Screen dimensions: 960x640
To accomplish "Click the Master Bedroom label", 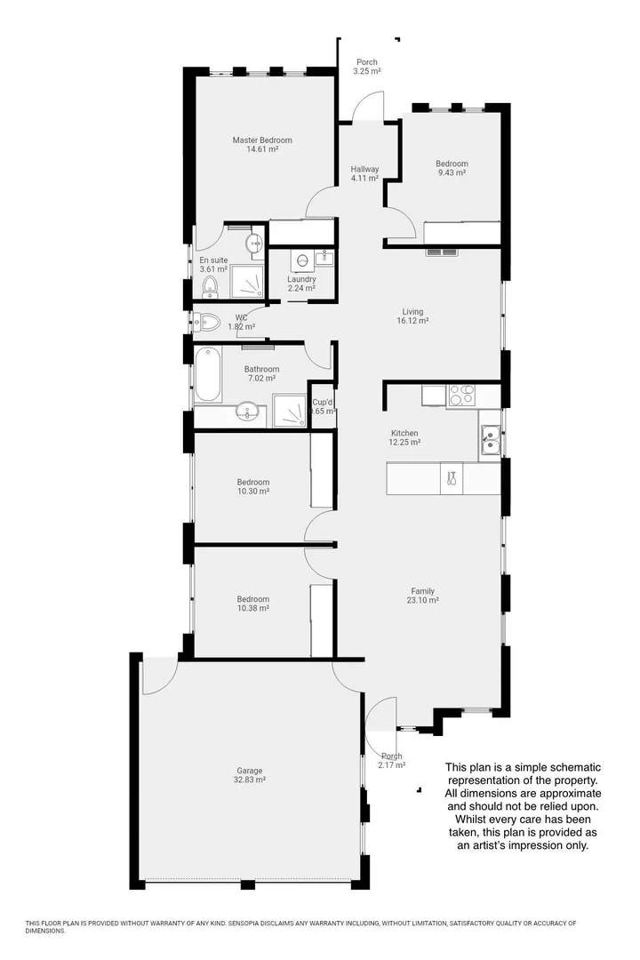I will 262,140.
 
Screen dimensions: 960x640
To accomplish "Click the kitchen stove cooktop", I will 461,394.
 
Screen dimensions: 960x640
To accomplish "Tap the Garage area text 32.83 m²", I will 249,780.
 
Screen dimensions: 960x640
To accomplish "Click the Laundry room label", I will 301,279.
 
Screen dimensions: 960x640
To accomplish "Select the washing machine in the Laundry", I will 302,260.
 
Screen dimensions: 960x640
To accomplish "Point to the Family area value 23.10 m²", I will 422,600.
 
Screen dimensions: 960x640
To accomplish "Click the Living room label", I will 412,312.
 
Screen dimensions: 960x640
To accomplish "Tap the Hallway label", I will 364,169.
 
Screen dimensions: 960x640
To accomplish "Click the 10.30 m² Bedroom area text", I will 252,492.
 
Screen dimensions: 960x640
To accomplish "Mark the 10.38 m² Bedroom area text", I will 252,608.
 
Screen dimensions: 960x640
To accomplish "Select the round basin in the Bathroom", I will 248,412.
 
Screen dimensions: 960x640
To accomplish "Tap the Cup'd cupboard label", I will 322,402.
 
